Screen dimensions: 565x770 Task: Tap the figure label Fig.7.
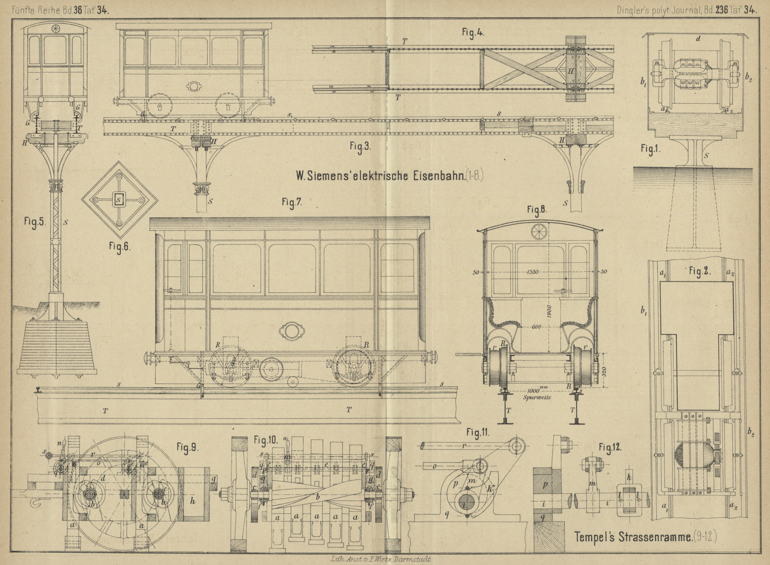tap(291, 203)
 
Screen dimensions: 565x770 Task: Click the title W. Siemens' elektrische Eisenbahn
tap(380, 176)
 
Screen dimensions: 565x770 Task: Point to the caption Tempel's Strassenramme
tap(633, 536)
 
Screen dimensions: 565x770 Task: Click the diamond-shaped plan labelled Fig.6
tap(119, 200)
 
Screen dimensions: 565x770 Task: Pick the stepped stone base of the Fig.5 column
tap(57, 346)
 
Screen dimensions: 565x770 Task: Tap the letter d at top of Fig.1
tap(698, 39)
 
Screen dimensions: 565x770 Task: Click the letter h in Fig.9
tap(192, 501)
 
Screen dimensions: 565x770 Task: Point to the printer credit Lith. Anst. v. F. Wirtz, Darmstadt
tap(380, 559)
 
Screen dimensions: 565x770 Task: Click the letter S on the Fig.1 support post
tap(707, 155)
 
